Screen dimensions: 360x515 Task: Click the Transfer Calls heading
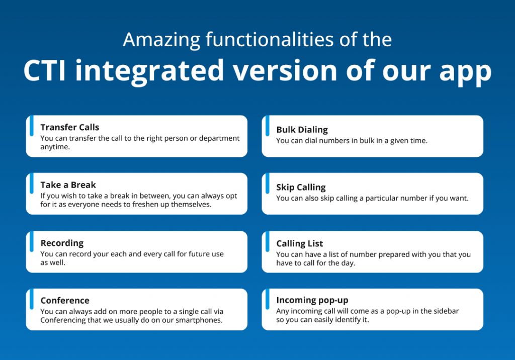pos(70,127)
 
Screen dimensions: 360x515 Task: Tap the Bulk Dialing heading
pos(302,130)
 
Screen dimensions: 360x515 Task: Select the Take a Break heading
pos(68,185)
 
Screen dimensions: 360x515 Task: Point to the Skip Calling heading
pos(301,188)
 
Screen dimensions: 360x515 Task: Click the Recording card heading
pos(62,243)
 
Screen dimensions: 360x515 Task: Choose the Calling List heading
pos(299,244)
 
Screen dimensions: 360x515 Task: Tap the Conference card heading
pos(65,301)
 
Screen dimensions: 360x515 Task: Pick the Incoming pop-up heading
pos(312,300)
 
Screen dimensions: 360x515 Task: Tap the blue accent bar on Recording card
pos(31,240)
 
